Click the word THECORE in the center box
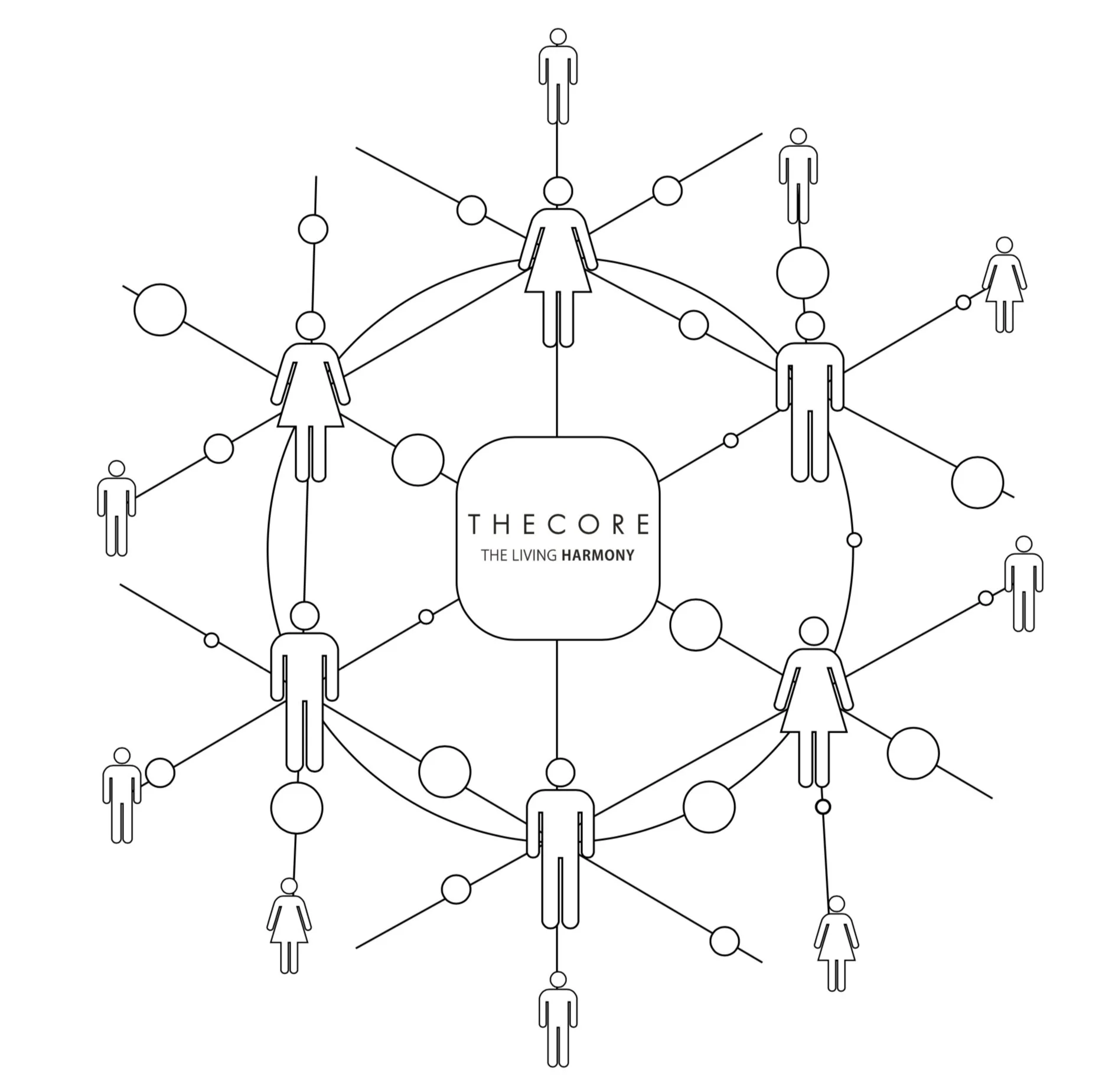pyautogui.click(x=559, y=524)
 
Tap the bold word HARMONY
pyautogui.click(x=598, y=556)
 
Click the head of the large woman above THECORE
pyautogui.click(x=558, y=191)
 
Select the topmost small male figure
pyautogui.click(x=558, y=76)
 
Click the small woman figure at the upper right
pyautogui.click(x=1005, y=285)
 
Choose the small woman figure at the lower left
pyautogui.click(x=289, y=926)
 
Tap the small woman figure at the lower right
pyautogui.click(x=836, y=943)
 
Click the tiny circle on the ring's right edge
pyautogui.click(x=854, y=540)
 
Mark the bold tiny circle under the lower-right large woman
pyautogui.click(x=823, y=807)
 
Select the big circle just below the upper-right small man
pyautogui.click(x=803, y=273)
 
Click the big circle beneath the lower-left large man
pyautogui.click(x=297, y=808)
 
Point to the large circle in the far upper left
pyautogui.click(x=160, y=310)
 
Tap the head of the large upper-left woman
pyautogui.click(x=311, y=326)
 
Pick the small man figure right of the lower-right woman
pyautogui.click(x=1024, y=584)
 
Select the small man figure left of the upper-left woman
pyautogui.click(x=117, y=508)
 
